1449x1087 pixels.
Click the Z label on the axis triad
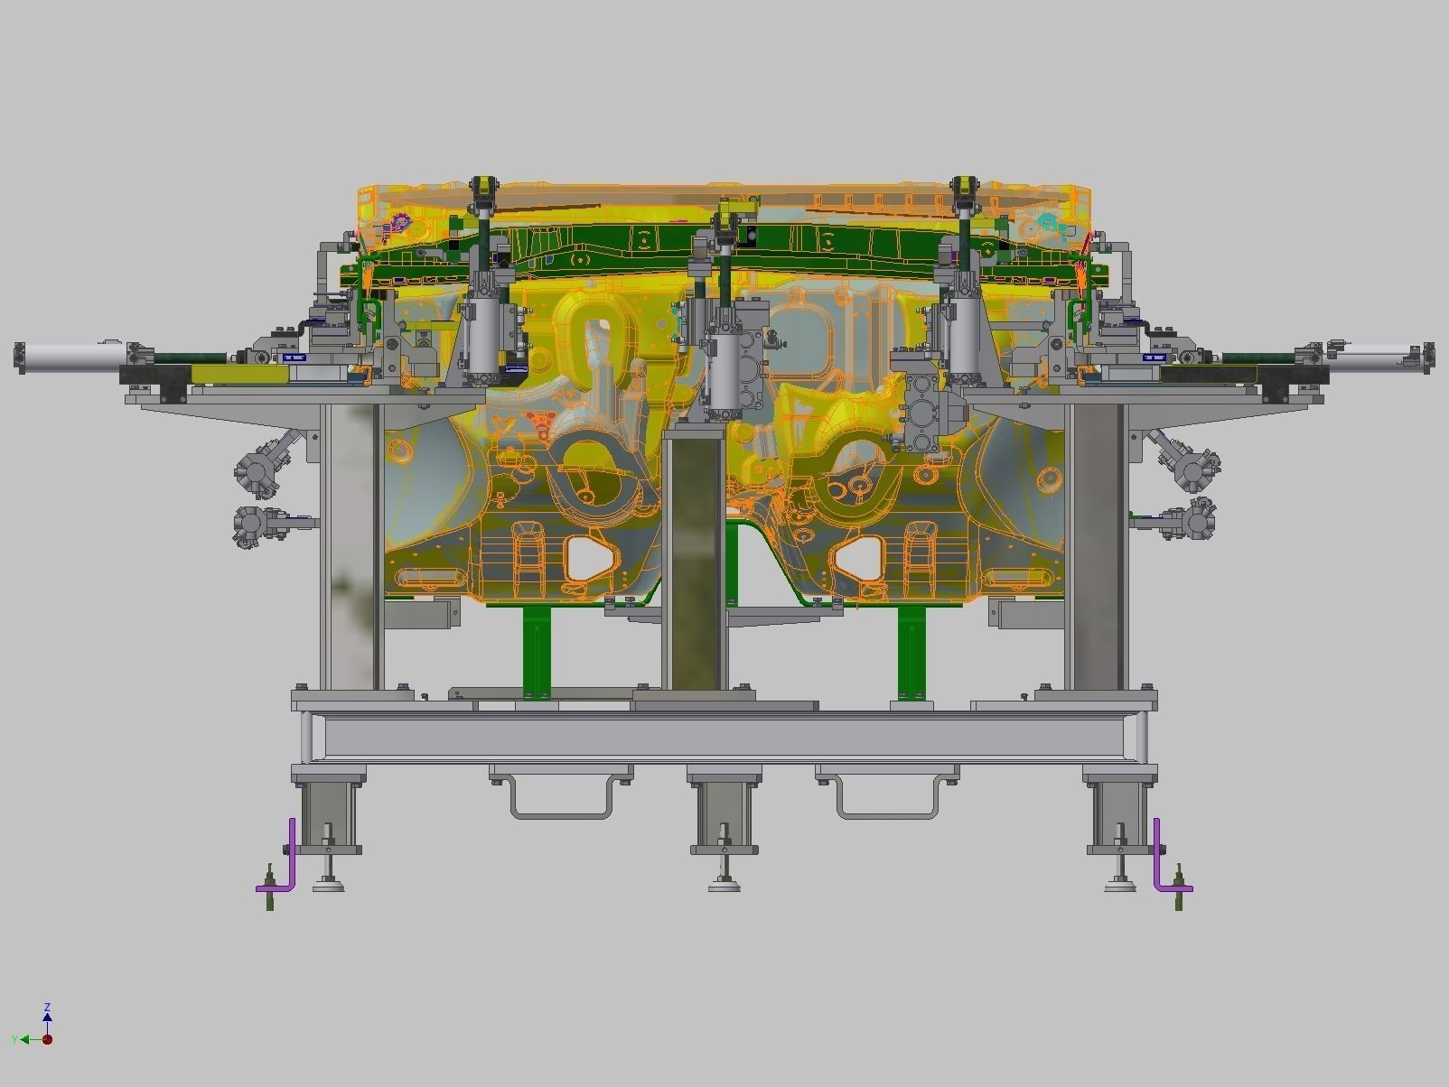click(x=47, y=1007)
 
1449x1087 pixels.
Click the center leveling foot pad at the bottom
click(x=724, y=886)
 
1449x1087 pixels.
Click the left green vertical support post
click(x=537, y=648)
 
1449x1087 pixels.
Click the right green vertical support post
click(x=911, y=648)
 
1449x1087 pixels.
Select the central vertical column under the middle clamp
click(x=694, y=560)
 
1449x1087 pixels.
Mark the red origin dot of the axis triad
click(x=47, y=1039)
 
